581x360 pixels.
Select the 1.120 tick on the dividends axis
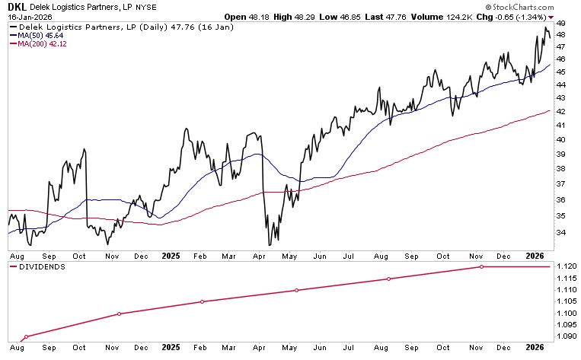[564, 266]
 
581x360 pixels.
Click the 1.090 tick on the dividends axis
[564, 336]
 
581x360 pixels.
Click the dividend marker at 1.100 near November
[119, 314]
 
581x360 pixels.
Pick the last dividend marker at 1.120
[481, 266]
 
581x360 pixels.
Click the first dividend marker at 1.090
[27, 336]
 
